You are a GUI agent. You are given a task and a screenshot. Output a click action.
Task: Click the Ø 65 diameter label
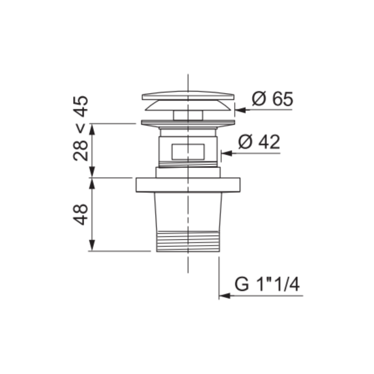coord(272,99)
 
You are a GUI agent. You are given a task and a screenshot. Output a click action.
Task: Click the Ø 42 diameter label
coord(259,142)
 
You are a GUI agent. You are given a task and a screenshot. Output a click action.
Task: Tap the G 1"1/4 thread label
coord(267,284)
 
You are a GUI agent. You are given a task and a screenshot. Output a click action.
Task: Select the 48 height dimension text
coord(80,214)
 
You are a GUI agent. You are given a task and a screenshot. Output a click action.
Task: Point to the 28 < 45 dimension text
coord(80,128)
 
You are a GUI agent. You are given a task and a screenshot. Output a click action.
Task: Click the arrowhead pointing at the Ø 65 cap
coord(240,110)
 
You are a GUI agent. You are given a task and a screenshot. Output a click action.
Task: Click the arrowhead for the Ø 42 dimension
coord(227,153)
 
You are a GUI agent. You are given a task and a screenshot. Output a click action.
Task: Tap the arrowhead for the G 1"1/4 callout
coord(225,296)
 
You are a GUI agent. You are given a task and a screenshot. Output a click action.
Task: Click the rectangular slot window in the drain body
coord(188,151)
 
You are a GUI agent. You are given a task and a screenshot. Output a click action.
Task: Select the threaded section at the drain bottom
coord(188,241)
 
